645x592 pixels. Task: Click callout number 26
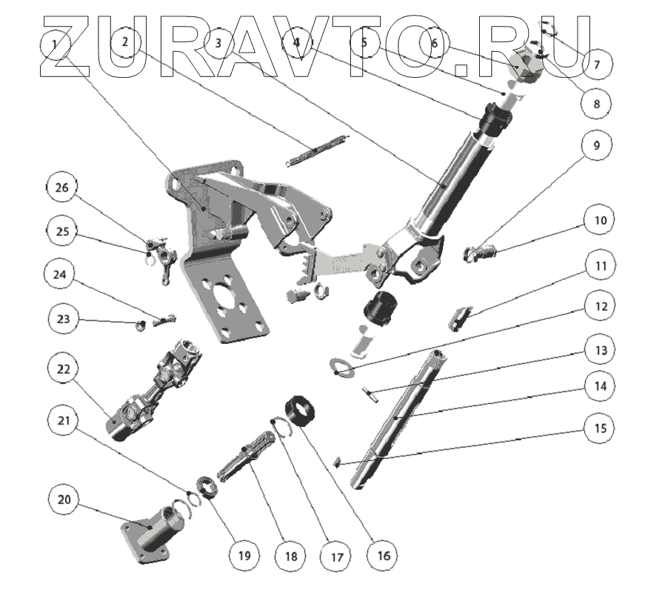click(x=61, y=187)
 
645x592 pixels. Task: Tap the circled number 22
click(x=64, y=369)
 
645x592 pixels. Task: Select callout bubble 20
click(x=64, y=499)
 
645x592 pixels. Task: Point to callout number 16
click(x=384, y=556)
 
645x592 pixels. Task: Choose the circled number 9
click(x=596, y=145)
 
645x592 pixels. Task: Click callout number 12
click(x=601, y=306)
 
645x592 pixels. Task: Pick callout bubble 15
click(x=601, y=428)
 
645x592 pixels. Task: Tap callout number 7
click(x=597, y=64)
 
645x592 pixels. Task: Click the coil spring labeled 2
click(x=317, y=151)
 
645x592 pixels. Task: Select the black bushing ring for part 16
click(x=300, y=412)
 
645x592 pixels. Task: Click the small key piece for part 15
click(x=336, y=462)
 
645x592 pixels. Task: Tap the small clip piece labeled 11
click(x=459, y=319)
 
